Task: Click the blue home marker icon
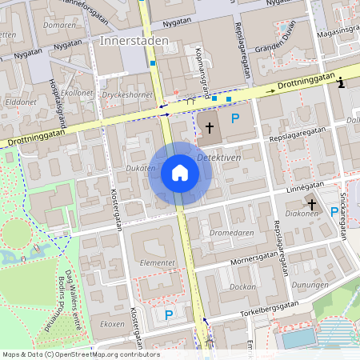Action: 179,173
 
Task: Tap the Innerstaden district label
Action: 134,40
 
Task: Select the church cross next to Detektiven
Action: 210,127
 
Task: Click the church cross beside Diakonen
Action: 312,205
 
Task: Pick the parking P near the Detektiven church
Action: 234,119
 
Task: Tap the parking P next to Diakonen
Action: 334,211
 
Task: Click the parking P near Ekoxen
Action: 169,315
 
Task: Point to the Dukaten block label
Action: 141,168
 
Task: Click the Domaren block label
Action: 59,26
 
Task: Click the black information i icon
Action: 342,82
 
